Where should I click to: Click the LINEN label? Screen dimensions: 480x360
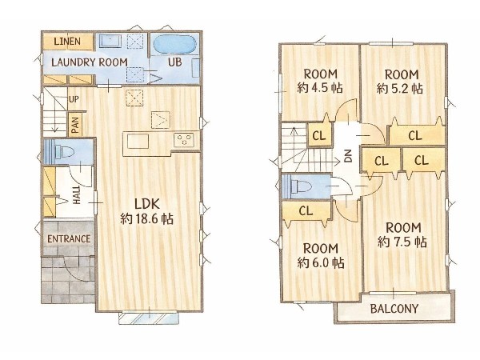point(67,42)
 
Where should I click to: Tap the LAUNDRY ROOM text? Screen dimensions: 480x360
point(90,62)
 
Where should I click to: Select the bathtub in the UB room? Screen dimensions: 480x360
point(174,46)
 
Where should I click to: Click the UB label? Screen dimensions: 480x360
point(174,62)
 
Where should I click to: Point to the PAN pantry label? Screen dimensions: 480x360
point(75,126)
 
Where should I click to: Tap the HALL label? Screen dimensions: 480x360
point(77,195)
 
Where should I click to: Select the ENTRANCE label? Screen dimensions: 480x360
point(69,238)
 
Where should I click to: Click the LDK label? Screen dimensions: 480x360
point(147,204)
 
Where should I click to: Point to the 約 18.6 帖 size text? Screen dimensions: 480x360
point(146,219)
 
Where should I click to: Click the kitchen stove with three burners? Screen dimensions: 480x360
point(184,140)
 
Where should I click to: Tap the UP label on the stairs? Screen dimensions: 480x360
point(74,99)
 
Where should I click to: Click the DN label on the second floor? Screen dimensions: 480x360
point(349,156)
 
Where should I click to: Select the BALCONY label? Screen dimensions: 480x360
point(394,309)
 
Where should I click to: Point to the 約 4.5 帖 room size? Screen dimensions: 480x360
point(320,89)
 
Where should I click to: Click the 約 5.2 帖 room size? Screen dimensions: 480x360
point(400,89)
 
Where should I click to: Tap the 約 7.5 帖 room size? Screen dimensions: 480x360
point(402,242)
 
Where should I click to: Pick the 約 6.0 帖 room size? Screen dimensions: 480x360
point(321,263)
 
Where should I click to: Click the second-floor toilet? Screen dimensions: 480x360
point(302,186)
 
